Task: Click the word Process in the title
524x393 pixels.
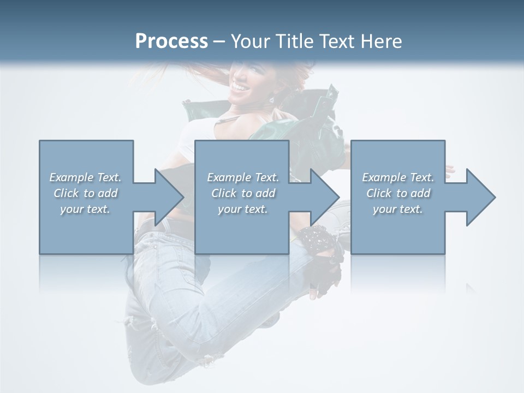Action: tap(171, 41)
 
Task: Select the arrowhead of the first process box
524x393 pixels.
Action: tap(169, 197)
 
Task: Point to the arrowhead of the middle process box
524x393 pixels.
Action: tap(324, 197)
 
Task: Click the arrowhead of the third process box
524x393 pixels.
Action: tap(480, 197)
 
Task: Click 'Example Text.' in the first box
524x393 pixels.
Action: tap(85, 177)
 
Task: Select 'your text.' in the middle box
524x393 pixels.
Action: tap(242, 209)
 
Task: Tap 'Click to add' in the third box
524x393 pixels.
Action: tap(398, 193)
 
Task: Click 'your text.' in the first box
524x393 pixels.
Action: tap(85, 209)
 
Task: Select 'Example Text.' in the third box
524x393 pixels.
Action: tap(398, 177)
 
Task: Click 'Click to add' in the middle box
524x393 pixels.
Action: tap(242, 193)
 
